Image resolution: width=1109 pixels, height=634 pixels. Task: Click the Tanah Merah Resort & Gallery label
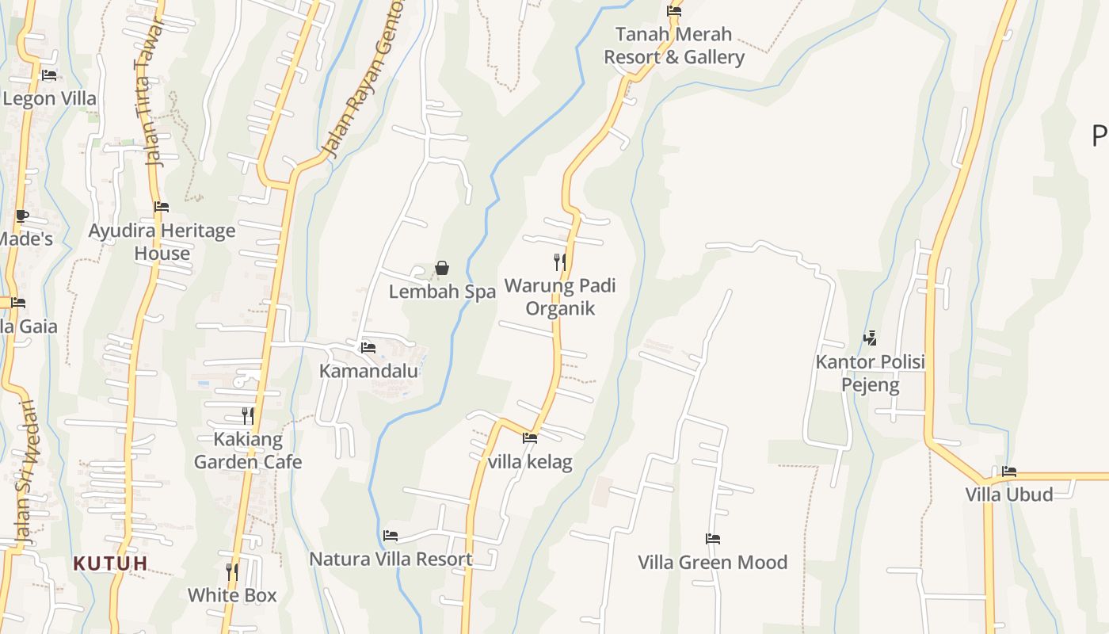pos(674,46)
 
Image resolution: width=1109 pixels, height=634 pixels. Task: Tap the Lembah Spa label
pos(442,292)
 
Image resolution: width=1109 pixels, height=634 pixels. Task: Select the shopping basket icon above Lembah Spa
pos(442,269)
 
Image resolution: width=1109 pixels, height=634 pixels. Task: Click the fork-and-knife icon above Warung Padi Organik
pos(560,262)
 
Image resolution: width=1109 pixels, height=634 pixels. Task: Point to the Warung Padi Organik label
pos(560,296)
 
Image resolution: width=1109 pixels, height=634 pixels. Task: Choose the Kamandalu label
pos(368,371)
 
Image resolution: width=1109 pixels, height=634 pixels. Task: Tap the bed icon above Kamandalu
pos(368,347)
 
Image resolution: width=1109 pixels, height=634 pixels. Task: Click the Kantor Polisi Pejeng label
pos(871,374)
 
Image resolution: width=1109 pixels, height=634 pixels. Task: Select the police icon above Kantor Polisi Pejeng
pos(871,338)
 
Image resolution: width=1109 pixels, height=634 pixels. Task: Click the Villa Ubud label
pos(1009,495)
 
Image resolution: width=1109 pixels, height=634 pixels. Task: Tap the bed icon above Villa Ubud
pos(1009,472)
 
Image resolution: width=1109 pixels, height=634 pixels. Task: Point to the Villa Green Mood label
pos(713,562)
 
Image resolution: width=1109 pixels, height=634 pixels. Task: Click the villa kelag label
pos(530,462)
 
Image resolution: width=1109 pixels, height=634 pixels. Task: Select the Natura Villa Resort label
pos(391,559)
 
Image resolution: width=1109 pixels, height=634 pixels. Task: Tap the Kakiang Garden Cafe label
pos(248,450)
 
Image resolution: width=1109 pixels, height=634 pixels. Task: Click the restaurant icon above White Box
pos(232,571)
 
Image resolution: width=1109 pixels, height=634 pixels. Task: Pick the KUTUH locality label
pos(110,563)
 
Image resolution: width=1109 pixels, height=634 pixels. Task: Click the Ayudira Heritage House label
pos(162,242)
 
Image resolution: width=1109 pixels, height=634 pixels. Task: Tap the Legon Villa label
pos(49,99)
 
